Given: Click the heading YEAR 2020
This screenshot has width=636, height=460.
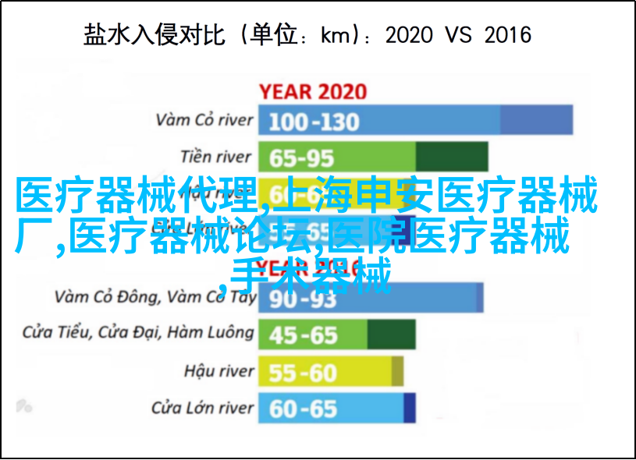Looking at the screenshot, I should click(313, 91).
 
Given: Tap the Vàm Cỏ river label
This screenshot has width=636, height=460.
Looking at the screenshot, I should click(204, 120).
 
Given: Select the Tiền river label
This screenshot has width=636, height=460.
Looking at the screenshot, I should click(217, 157).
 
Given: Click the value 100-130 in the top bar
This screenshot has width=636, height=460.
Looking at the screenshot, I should click(314, 121).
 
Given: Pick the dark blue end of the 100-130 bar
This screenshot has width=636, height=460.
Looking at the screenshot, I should click(536, 120).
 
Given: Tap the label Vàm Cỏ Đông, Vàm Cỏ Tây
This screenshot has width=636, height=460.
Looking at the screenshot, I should click(155, 296).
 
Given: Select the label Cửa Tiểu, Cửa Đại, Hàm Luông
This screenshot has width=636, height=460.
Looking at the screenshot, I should click(138, 333).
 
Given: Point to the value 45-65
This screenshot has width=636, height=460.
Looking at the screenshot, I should click(303, 334).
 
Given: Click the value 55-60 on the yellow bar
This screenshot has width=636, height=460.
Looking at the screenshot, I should click(303, 371).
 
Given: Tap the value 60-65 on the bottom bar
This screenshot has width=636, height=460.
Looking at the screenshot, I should click(303, 408).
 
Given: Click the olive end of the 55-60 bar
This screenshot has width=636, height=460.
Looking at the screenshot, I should click(397, 371).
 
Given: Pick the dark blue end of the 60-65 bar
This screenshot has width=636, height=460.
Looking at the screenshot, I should click(410, 408).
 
